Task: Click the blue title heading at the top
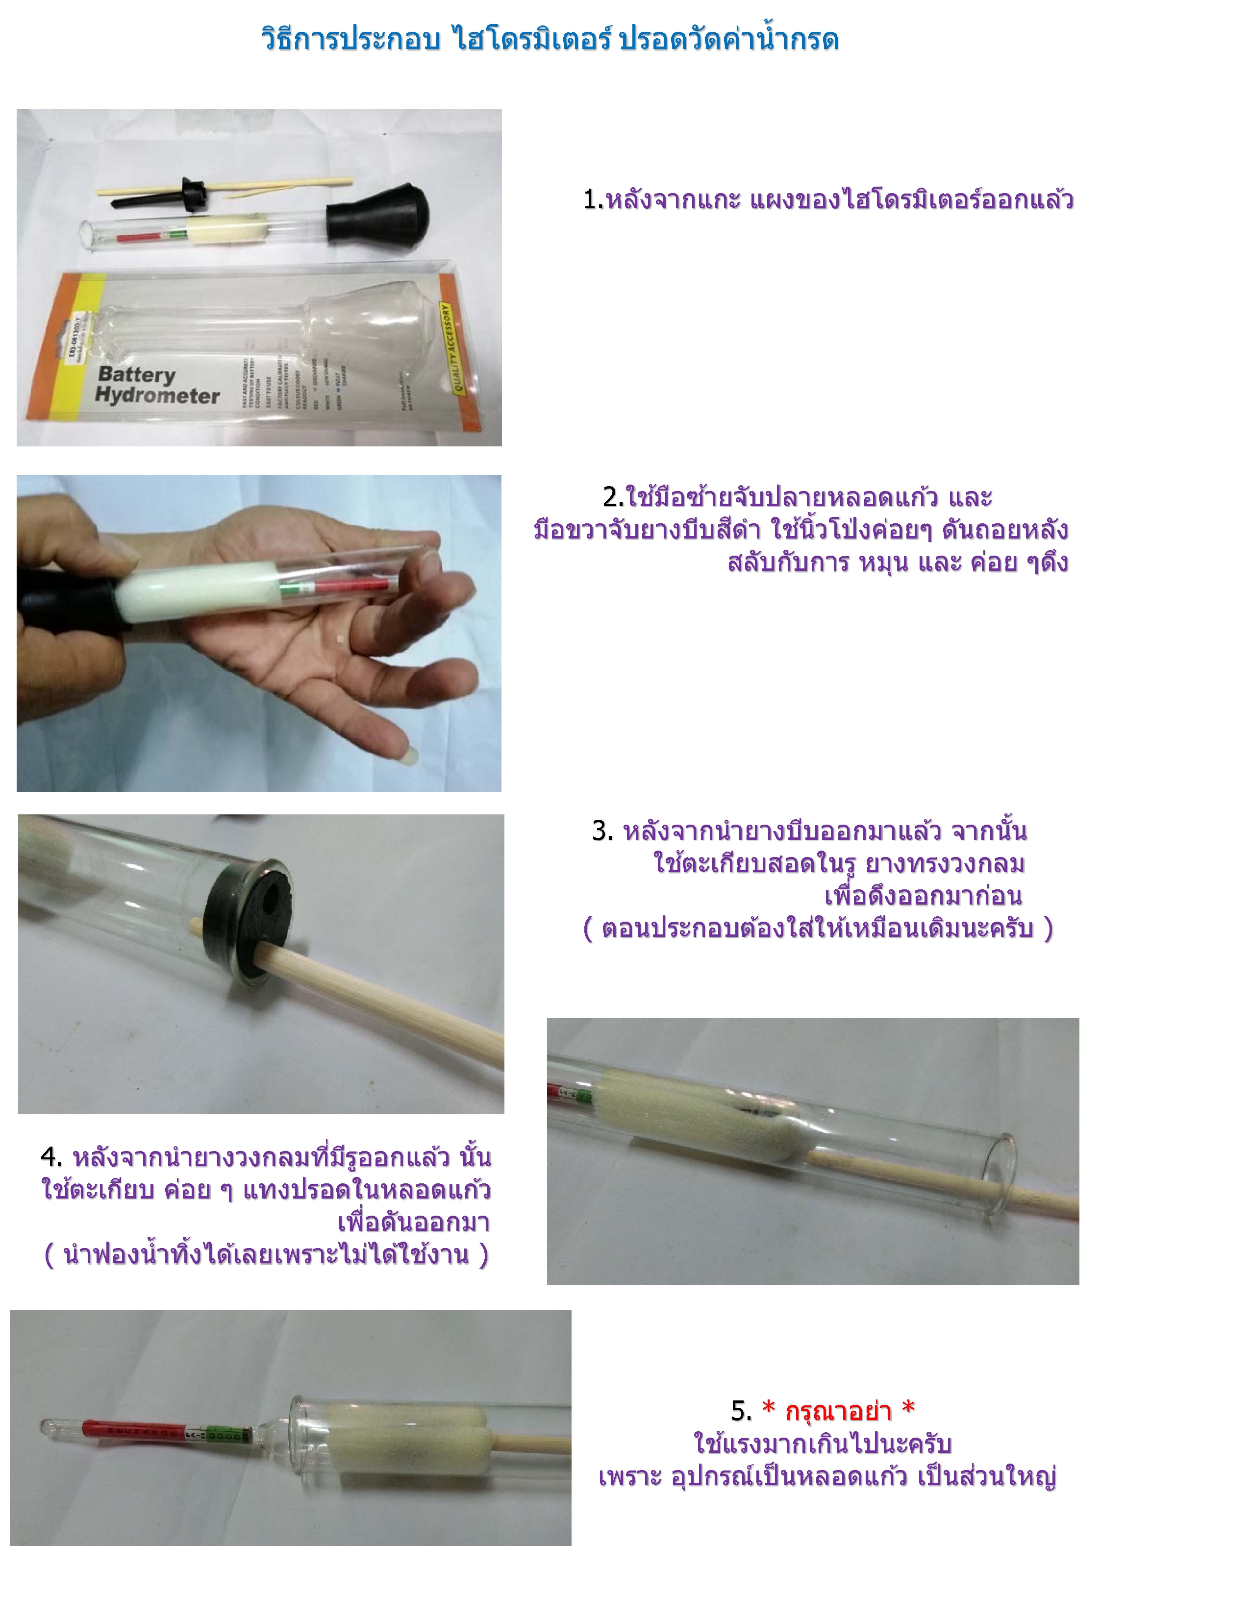[x=550, y=39]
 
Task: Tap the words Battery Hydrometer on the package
[x=157, y=385]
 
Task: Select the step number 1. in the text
[x=593, y=200]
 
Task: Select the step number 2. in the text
[x=613, y=497]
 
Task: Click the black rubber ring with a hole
[x=245, y=918]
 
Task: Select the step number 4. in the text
[x=51, y=1156]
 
